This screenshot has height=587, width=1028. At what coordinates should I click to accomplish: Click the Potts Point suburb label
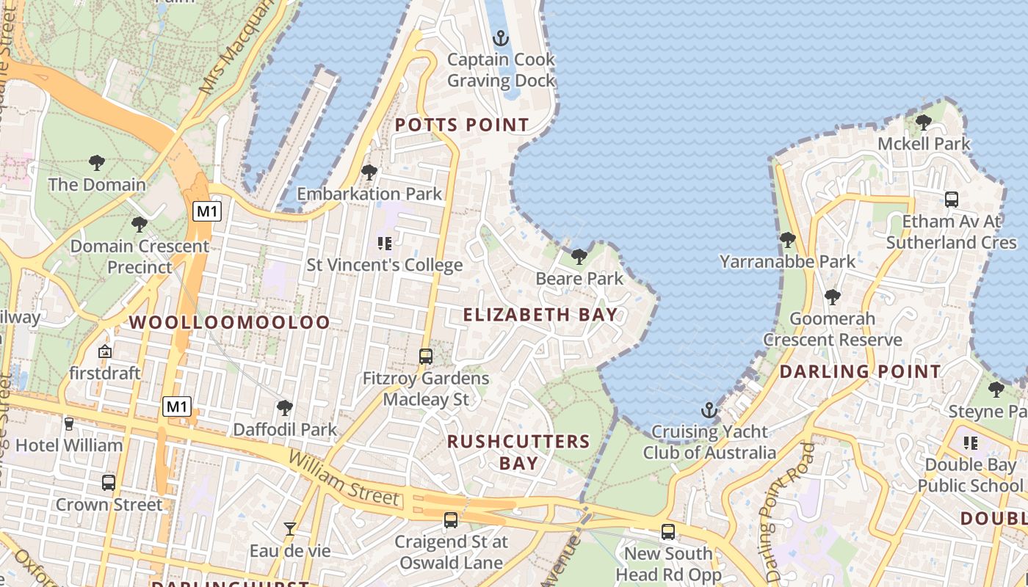pyautogui.click(x=462, y=125)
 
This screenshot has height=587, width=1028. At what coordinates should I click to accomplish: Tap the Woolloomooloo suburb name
pyautogui.click(x=230, y=322)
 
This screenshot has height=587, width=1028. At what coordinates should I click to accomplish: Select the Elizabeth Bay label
pyautogui.click(x=540, y=315)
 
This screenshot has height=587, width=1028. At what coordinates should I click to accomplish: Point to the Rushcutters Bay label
pyautogui.click(x=519, y=452)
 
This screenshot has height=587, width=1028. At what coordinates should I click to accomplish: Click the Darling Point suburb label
pyautogui.click(x=860, y=371)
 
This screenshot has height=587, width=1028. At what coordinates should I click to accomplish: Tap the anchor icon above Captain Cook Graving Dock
pyautogui.click(x=501, y=37)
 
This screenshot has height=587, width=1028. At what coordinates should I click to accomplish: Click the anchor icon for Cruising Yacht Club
pyautogui.click(x=709, y=409)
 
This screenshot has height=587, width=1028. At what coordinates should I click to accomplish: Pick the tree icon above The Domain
pyautogui.click(x=96, y=162)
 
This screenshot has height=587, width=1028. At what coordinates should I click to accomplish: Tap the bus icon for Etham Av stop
pyautogui.click(x=952, y=199)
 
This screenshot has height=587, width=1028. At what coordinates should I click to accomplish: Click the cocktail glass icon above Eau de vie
pyautogui.click(x=290, y=528)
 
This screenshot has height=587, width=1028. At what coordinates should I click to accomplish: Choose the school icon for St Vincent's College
pyautogui.click(x=384, y=243)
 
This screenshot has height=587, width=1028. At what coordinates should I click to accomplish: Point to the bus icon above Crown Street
pyautogui.click(x=109, y=482)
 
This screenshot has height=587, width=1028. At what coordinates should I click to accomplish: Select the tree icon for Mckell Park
pyautogui.click(x=924, y=122)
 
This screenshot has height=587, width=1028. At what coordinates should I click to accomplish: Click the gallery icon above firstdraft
pyautogui.click(x=104, y=351)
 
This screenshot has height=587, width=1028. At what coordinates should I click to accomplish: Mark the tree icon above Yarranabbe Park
pyautogui.click(x=787, y=239)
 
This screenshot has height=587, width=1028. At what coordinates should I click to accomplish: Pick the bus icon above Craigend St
pyautogui.click(x=451, y=520)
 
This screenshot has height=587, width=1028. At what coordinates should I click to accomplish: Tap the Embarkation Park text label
pyautogui.click(x=369, y=194)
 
